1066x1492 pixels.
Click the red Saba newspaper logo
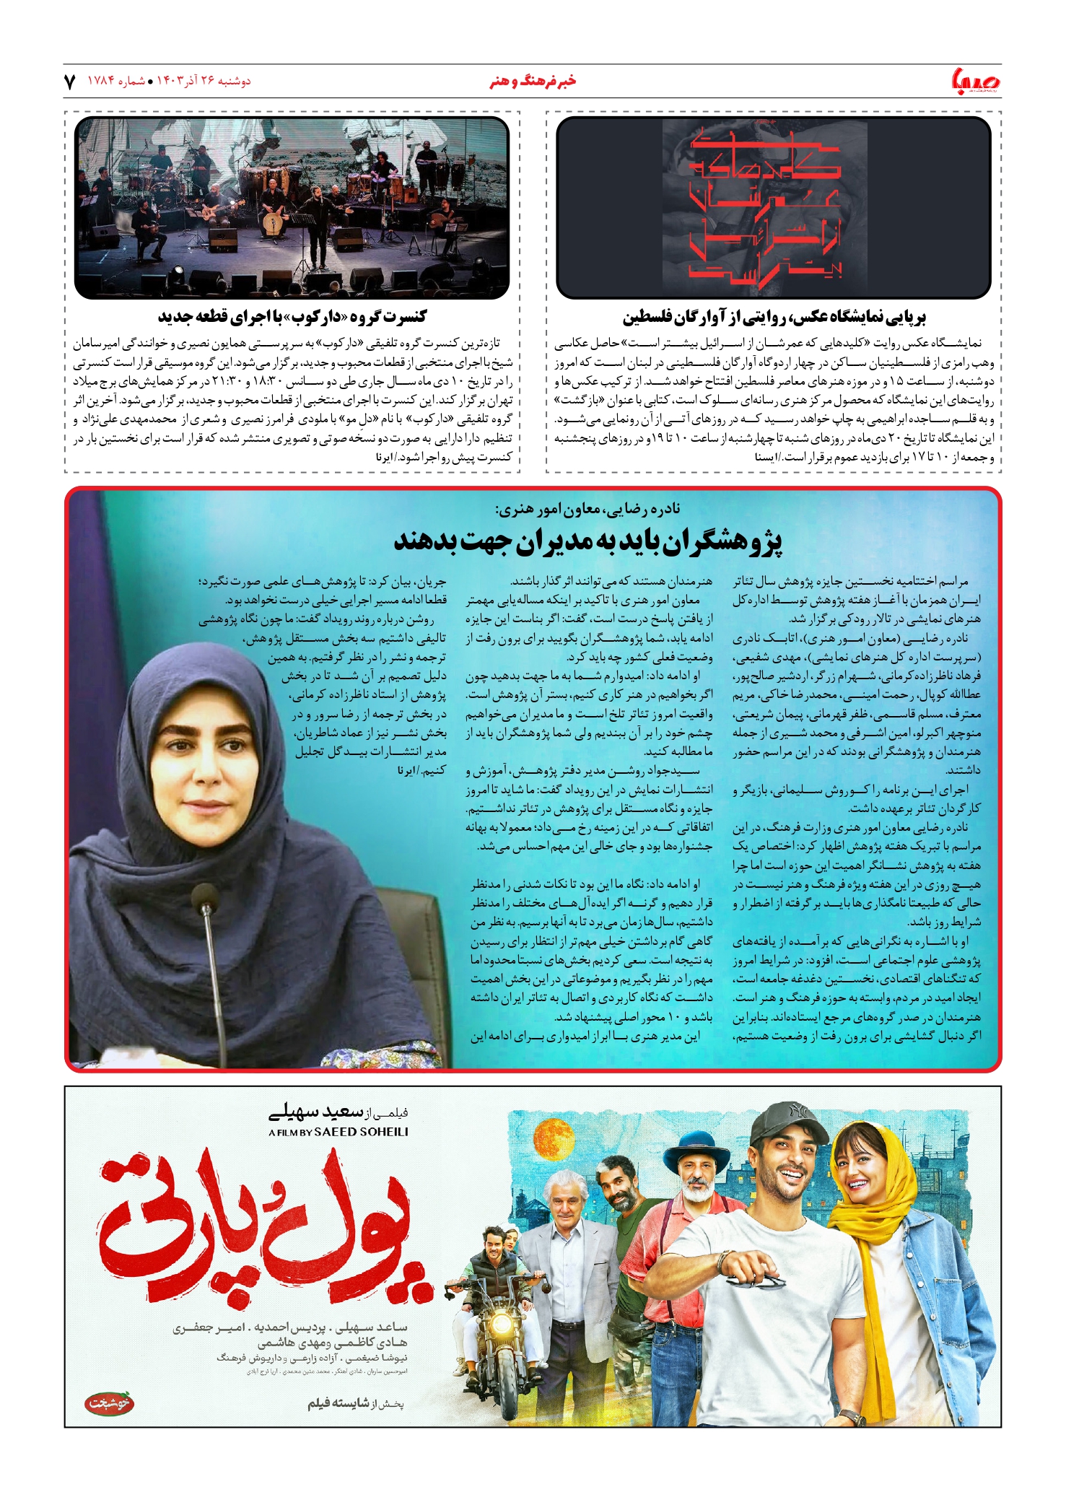[x=976, y=81]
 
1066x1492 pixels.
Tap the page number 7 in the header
[x=70, y=82]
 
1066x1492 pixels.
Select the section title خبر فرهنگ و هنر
[x=533, y=82]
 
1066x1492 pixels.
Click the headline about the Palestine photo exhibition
[x=774, y=317]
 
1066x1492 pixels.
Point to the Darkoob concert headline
[x=292, y=317]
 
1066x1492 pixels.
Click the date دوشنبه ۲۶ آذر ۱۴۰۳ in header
[x=204, y=82]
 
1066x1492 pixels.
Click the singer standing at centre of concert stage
[x=316, y=224]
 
